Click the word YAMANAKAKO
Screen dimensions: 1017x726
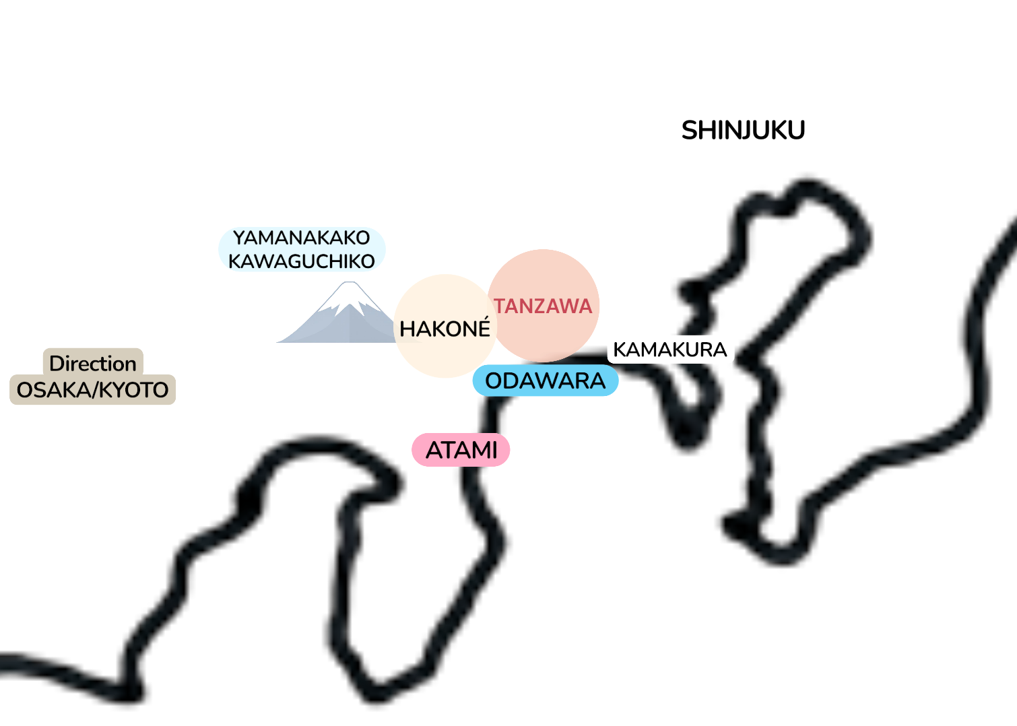tap(301, 238)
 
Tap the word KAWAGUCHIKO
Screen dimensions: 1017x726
tap(301, 261)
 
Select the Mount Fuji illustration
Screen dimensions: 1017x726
tap(337, 317)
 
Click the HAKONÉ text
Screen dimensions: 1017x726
tap(445, 329)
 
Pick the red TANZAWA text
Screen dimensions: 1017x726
tap(543, 306)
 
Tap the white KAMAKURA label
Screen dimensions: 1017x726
tap(670, 350)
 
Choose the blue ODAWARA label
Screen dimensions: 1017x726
tap(545, 381)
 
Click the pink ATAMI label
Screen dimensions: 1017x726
tap(461, 450)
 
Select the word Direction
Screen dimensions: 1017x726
tap(93, 364)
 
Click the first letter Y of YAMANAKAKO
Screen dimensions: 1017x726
tap(239, 238)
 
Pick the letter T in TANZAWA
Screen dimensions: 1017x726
tap(500, 306)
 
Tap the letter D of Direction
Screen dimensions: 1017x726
tap(55, 364)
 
